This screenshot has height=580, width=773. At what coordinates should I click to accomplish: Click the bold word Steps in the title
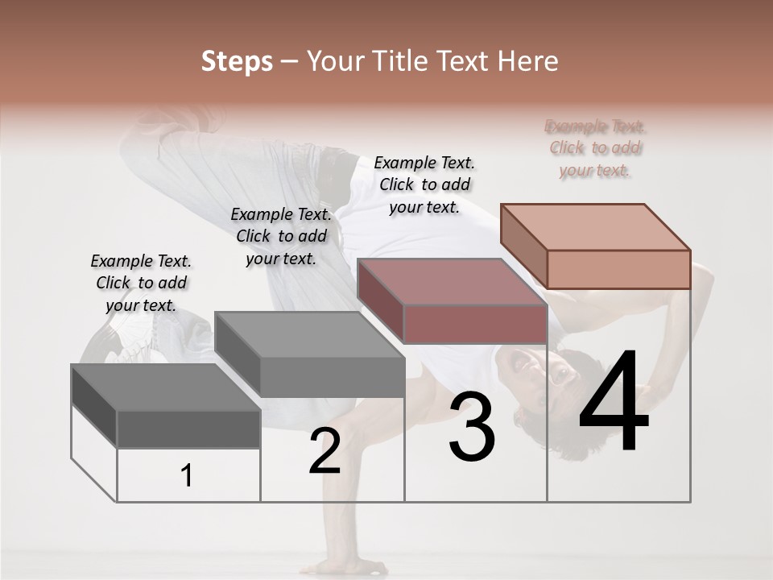pyautogui.click(x=237, y=61)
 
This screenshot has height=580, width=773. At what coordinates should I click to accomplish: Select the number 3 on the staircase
pyautogui.click(x=472, y=427)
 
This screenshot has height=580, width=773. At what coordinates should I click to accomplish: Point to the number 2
pyautogui.click(x=324, y=451)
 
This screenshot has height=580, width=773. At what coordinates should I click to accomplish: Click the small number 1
pyautogui.click(x=187, y=476)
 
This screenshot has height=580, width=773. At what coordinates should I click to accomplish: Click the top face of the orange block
pyautogui.click(x=594, y=226)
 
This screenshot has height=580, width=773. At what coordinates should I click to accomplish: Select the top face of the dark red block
pyautogui.click(x=451, y=281)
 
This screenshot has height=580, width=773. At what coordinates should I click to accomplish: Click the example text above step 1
pyautogui.click(x=142, y=283)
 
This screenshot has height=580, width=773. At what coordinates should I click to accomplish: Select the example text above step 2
pyautogui.click(x=281, y=236)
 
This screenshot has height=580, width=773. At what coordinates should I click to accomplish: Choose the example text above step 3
pyautogui.click(x=424, y=184)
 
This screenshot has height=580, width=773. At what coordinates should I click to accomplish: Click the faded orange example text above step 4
pyautogui.click(x=596, y=148)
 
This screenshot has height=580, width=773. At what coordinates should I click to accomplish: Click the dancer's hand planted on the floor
pyautogui.click(x=338, y=564)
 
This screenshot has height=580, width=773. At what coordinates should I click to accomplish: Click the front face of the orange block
pyautogui.click(x=618, y=269)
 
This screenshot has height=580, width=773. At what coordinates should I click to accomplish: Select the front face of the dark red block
pyautogui.click(x=475, y=324)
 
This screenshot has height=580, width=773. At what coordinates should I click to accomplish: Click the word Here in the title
pyautogui.click(x=530, y=61)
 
